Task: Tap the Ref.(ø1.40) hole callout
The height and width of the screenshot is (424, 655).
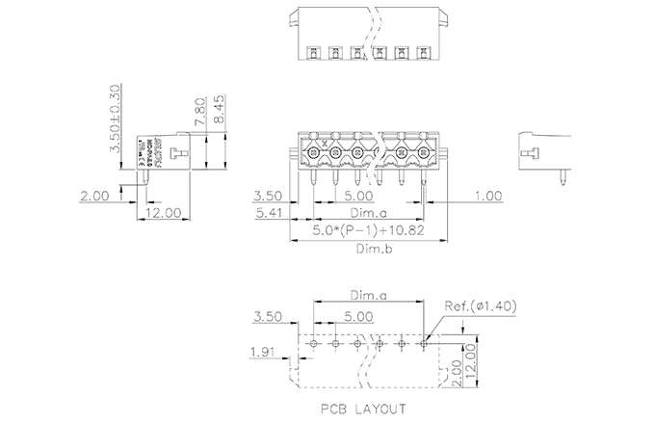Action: point(482,307)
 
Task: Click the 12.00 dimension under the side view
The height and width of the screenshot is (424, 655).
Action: point(160,212)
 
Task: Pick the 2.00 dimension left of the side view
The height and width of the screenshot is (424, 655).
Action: point(94,196)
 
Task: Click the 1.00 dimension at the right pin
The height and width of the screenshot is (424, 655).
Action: point(488,196)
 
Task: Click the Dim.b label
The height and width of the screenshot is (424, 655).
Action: point(368,248)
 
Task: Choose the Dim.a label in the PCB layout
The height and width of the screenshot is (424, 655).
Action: point(367,296)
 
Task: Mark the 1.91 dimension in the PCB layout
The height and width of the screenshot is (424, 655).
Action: point(262,351)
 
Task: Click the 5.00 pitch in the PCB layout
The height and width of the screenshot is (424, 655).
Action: point(358,316)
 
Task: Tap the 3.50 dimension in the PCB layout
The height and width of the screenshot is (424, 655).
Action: point(266,316)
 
